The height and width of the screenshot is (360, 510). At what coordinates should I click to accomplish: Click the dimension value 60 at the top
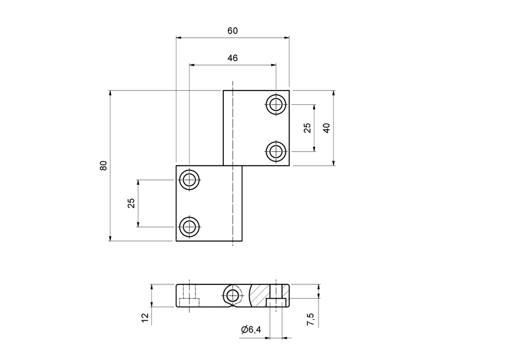(x=232, y=31)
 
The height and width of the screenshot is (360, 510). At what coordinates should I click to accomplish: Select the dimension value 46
(x=232, y=58)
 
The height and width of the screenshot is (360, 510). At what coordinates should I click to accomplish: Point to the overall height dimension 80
(x=103, y=166)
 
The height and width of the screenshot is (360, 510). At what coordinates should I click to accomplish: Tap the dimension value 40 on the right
(x=326, y=128)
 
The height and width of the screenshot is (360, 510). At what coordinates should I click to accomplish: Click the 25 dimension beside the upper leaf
(x=307, y=128)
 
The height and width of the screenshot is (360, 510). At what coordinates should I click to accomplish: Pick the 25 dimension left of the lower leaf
(x=131, y=203)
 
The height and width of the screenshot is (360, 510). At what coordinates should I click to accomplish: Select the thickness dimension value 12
(x=145, y=317)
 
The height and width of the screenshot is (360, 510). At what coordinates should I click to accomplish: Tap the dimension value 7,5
(x=310, y=319)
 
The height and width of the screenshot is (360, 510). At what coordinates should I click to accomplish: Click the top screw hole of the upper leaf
(x=276, y=104)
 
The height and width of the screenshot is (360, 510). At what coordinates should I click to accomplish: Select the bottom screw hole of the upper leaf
(x=276, y=151)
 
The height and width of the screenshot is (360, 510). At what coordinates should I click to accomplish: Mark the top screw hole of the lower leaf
(x=190, y=179)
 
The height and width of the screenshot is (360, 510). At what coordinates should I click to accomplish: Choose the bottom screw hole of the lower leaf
(x=190, y=227)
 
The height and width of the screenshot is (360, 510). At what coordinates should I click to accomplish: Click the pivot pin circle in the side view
(x=232, y=295)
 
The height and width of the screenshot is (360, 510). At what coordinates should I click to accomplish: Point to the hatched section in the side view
(x=259, y=295)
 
